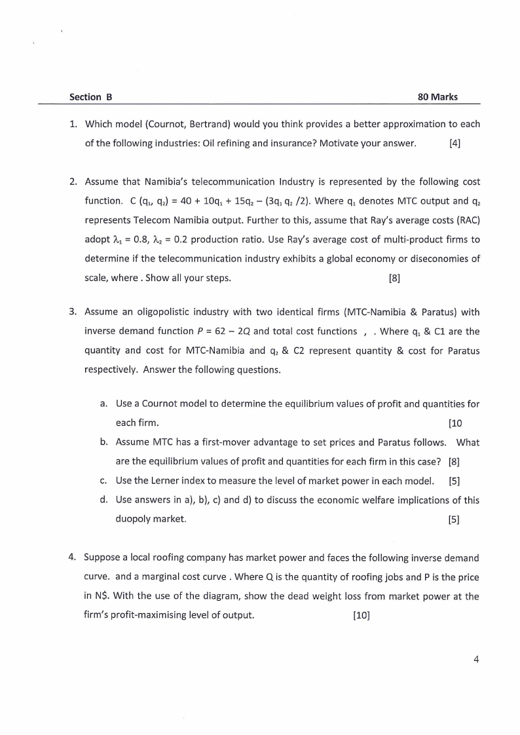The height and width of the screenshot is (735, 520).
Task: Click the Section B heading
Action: coord(91,97)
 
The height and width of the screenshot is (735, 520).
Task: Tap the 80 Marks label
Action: coord(437,97)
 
